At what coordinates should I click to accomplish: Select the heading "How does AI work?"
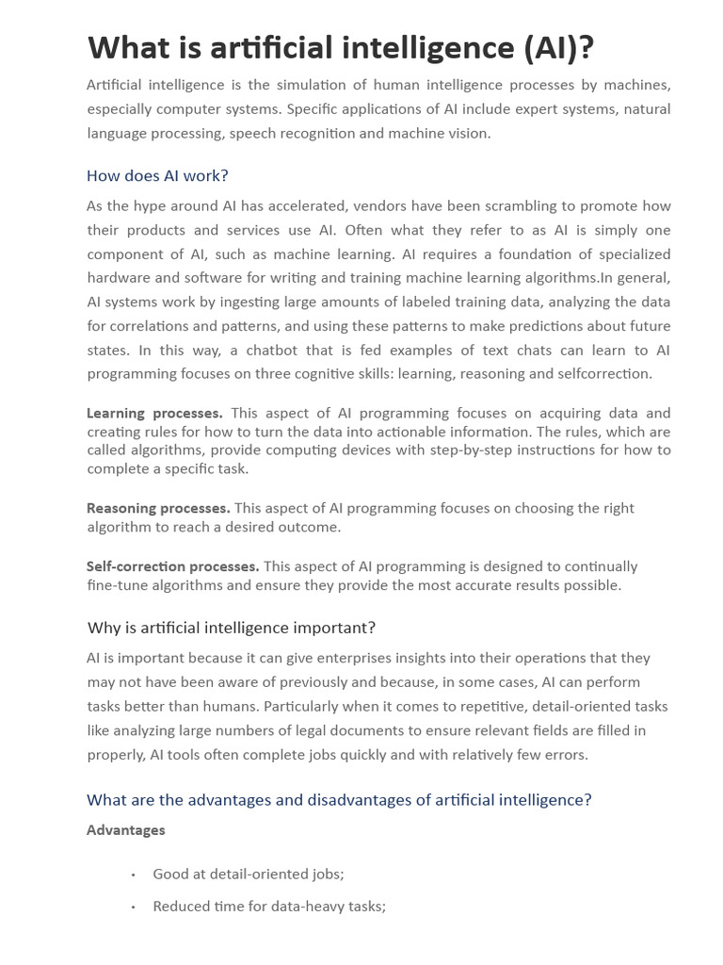[x=157, y=176]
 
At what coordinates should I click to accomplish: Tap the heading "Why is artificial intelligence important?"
[x=232, y=628]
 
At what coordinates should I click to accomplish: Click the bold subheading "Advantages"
[x=125, y=830]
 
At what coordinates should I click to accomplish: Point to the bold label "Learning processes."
[x=154, y=413]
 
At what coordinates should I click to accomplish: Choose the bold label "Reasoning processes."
[x=158, y=508]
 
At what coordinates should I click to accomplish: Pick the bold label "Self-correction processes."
[x=172, y=566]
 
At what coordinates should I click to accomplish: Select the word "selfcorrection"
[x=604, y=373]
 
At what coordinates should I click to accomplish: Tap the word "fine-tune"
[x=117, y=585]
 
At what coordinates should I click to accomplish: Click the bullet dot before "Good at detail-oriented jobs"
[x=134, y=875]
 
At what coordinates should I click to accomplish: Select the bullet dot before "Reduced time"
[x=134, y=907]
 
